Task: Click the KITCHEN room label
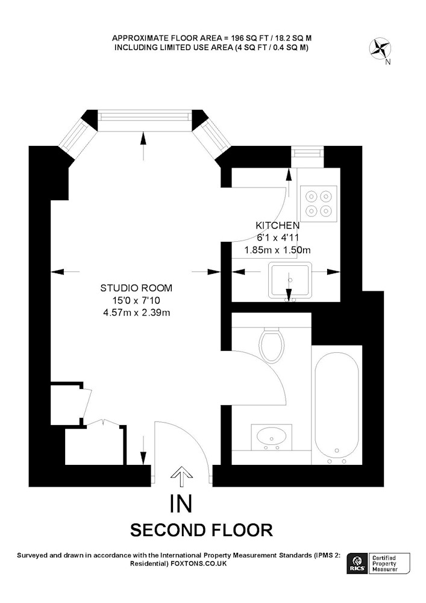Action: click(277, 226)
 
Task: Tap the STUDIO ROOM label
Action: click(136, 288)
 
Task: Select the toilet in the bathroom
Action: click(271, 344)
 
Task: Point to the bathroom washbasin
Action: click(271, 437)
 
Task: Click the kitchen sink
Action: click(290, 280)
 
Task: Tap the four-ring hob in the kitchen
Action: click(318, 203)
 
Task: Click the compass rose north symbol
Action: click(380, 49)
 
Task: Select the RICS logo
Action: click(357, 563)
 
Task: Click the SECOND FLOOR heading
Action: click(201, 530)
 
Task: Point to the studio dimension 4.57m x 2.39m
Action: click(136, 312)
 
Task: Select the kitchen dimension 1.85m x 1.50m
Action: click(277, 250)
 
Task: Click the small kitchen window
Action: click(307, 153)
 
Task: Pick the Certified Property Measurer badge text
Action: click(384, 563)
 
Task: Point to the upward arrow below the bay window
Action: click(143, 146)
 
